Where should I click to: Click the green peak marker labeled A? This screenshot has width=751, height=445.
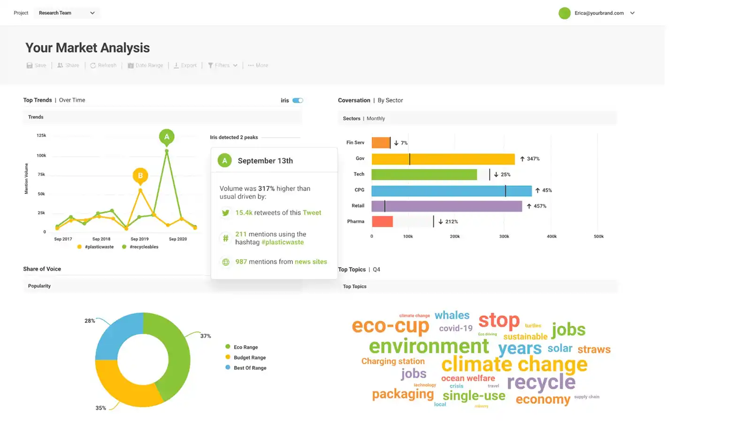pyautogui.click(x=167, y=137)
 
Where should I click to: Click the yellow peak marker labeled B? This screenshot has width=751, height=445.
pyautogui.click(x=140, y=176)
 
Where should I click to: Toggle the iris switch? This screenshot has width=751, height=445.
pyautogui.click(x=298, y=100)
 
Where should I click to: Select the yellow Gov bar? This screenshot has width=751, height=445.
pyautogui.click(x=443, y=159)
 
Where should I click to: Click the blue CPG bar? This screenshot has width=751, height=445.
pyautogui.click(x=451, y=191)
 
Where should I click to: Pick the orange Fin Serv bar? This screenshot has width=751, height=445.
pyautogui.click(x=381, y=143)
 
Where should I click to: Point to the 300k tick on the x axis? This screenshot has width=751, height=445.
pyautogui.click(x=504, y=237)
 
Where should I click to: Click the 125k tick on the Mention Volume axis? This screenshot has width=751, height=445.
pyautogui.click(x=41, y=136)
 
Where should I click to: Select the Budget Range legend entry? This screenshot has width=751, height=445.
pyautogui.click(x=250, y=358)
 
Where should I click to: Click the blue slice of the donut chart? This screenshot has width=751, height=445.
pyautogui.click(x=115, y=334)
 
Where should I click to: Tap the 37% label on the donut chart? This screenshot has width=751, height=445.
pyautogui.click(x=206, y=336)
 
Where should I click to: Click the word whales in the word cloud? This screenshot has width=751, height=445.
pyautogui.click(x=452, y=315)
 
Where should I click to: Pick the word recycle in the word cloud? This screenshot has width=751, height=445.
pyautogui.click(x=541, y=383)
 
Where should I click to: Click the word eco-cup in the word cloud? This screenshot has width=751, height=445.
pyautogui.click(x=390, y=326)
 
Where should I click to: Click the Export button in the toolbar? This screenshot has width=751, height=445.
pyautogui.click(x=185, y=66)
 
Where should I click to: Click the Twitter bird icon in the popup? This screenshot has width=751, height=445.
pyautogui.click(x=226, y=213)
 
